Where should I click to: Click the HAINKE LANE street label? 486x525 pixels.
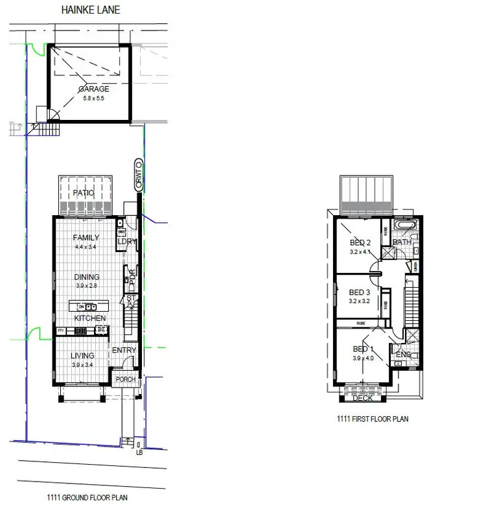pyautogui.click(x=90, y=10)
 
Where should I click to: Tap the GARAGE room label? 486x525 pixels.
pyautogui.click(x=93, y=89)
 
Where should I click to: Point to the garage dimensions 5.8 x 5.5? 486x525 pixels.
pyautogui.click(x=93, y=99)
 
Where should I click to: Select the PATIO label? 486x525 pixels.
pyautogui.click(x=83, y=193)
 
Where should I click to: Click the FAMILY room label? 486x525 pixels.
pyautogui.click(x=86, y=237)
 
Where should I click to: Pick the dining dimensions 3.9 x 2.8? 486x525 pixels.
pyautogui.click(x=86, y=285)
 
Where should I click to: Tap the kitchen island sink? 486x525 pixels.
pyautogui.click(x=88, y=307)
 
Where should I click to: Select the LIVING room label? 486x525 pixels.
pyautogui.click(x=82, y=355)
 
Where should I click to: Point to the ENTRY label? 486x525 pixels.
pyautogui.click(x=124, y=351)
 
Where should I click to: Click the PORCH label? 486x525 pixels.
pyautogui.click(x=124, y=380)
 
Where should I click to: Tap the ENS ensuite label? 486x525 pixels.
pyautogui.click(x=404, y=355)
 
